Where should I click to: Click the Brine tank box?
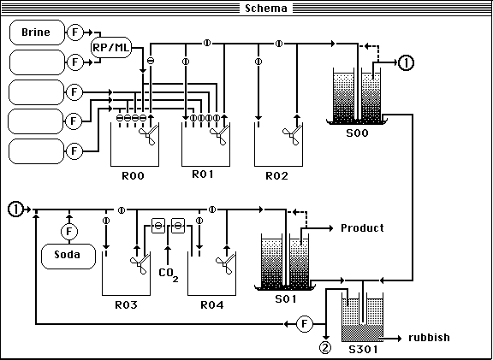[x=37, y=32]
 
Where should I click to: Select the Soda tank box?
[x=68, y=257]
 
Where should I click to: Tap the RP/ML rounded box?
[x=111, y=47]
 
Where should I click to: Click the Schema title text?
[x=266, y=9]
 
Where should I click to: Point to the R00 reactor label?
[x=133, y=175]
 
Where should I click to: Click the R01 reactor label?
[x=203, y=174]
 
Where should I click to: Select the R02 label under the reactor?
[x=276, y=175]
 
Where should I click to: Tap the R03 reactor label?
[x=126, y=304]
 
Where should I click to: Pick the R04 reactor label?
[x=212, y=304]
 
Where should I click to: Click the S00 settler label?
[x=357, y=133]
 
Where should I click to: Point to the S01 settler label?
[x=286, y=298]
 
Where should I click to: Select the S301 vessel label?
[x=363, y=349]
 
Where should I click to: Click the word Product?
[x=362, y=227]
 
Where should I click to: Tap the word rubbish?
[x=429, y=338]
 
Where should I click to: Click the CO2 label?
[x=169, y=274]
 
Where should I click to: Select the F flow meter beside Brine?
[x=75, y=32]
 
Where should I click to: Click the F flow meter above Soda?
[x=69, y=232]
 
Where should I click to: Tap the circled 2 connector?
[x=325, y=347]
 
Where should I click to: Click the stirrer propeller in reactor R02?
[x=291, y=136]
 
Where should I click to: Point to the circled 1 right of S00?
[x=406, y=62]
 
